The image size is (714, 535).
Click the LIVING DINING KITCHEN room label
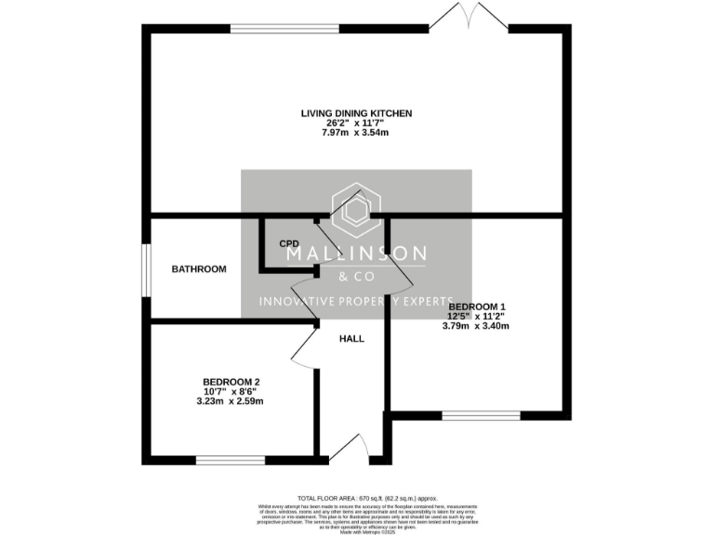pos(356,113)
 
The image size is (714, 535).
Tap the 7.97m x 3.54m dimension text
pos(356,133)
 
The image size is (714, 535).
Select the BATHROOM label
pos(198,269)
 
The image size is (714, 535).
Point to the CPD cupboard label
pos(289,243)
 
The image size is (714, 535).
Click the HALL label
pos(351,339)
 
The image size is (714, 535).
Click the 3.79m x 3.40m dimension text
pos(476,326)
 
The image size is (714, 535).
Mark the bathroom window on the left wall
pos(145,270)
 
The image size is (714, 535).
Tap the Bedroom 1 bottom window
pos(481,414)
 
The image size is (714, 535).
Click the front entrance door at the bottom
pos(351,450)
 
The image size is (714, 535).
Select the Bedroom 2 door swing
pos(303,346)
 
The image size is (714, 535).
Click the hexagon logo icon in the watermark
pos(356,211)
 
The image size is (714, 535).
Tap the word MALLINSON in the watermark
pos(356,254)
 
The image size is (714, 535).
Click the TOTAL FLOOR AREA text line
pos(356,498)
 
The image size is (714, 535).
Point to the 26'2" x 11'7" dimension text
pos(356,124)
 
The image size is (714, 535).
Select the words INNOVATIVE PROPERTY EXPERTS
pos(356,301)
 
